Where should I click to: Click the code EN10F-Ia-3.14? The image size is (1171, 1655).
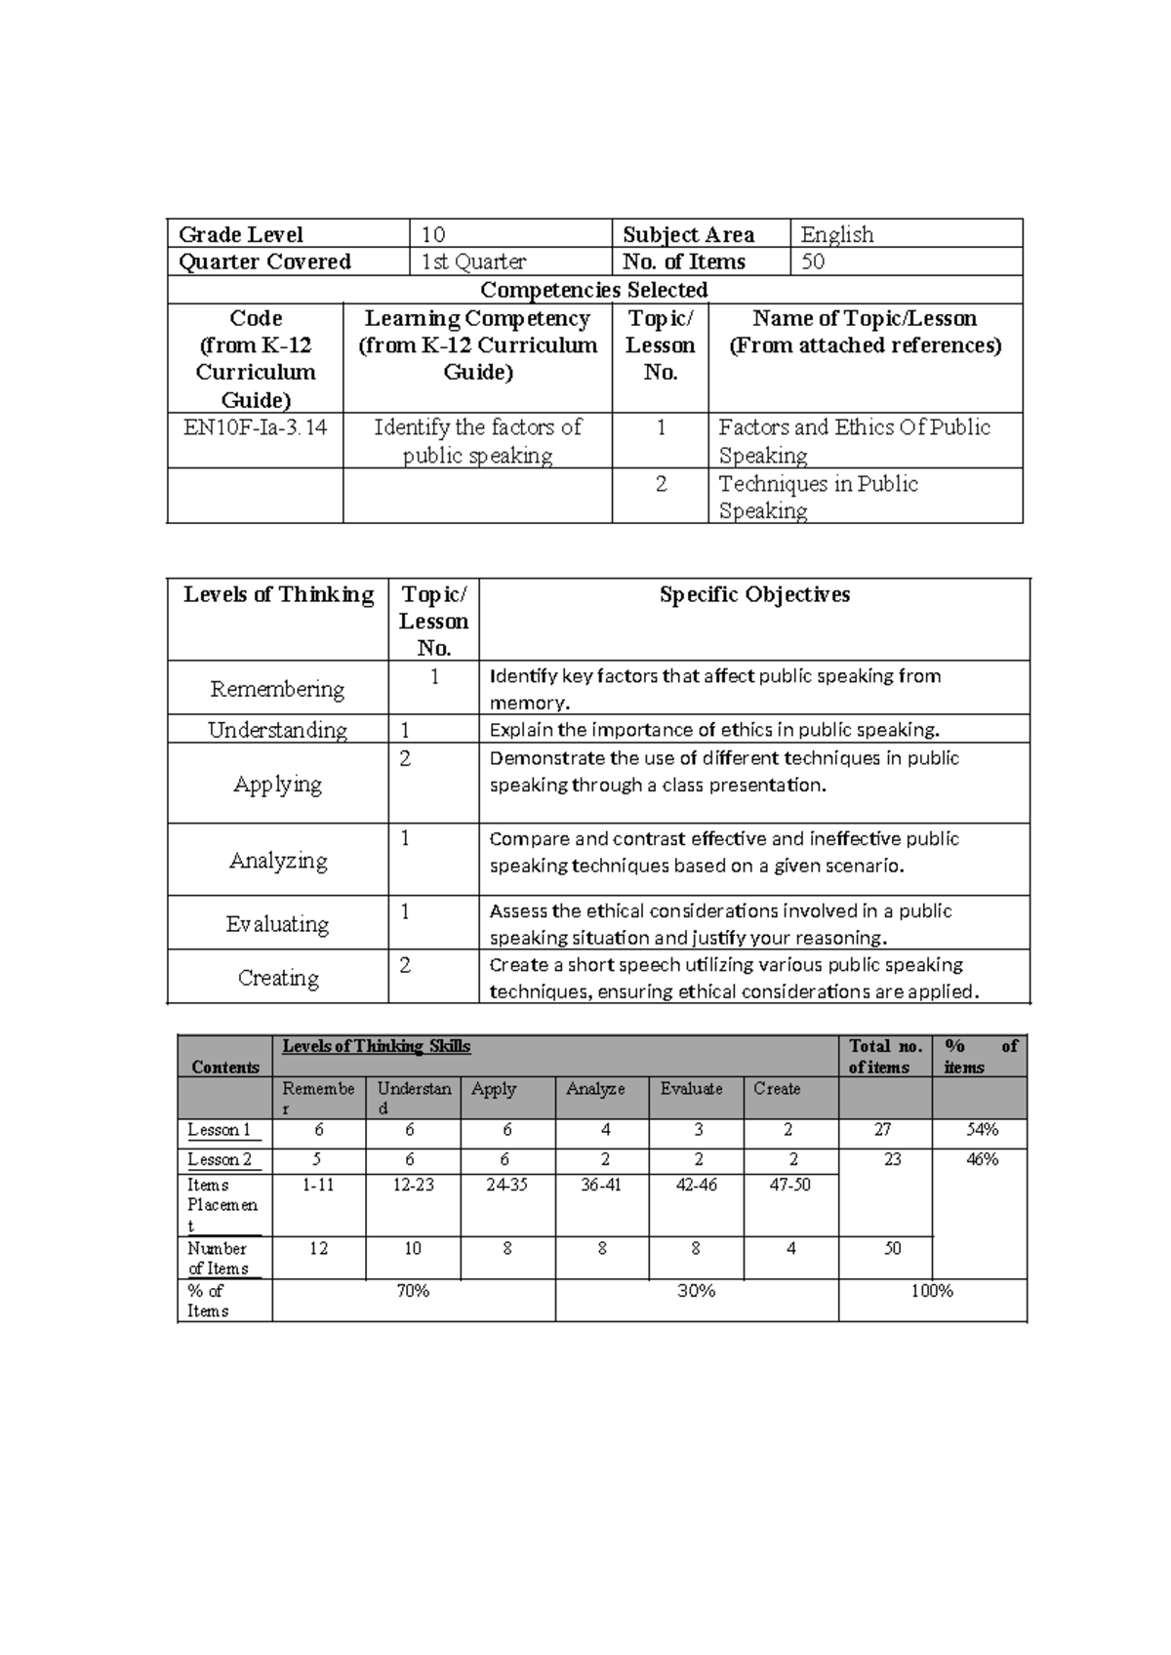point(255,427)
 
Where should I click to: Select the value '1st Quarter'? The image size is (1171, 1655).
point(473,262)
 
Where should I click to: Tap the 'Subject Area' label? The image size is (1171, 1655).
point(688,234)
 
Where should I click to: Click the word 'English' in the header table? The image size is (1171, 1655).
point(836,234)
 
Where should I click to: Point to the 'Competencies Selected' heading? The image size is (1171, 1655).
point(593,290)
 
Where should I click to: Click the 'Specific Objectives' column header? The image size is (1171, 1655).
point(753,594)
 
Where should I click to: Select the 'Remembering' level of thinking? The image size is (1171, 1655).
point(277,689)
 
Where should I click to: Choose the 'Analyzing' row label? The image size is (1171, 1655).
point(278,861)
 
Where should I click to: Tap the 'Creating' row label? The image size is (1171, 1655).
point(278,978)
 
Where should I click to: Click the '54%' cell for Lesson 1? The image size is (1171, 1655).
point(981,1130)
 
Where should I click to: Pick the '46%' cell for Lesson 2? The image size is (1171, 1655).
point(982,1159)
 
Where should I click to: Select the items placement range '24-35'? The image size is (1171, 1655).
point(506,1185)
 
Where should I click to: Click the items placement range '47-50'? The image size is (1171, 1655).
point(789,1185)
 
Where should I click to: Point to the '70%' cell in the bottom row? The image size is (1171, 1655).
point(413,1291)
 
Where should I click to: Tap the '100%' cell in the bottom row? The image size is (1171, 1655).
point(932,1291)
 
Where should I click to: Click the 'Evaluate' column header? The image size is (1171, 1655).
point(691,1089)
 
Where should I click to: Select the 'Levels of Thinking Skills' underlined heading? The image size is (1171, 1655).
point(376,1046)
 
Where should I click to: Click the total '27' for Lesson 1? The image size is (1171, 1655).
point(882,1130)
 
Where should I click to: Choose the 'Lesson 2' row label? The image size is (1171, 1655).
point(220,1159)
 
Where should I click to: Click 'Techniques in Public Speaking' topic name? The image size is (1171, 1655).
point(818,497)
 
